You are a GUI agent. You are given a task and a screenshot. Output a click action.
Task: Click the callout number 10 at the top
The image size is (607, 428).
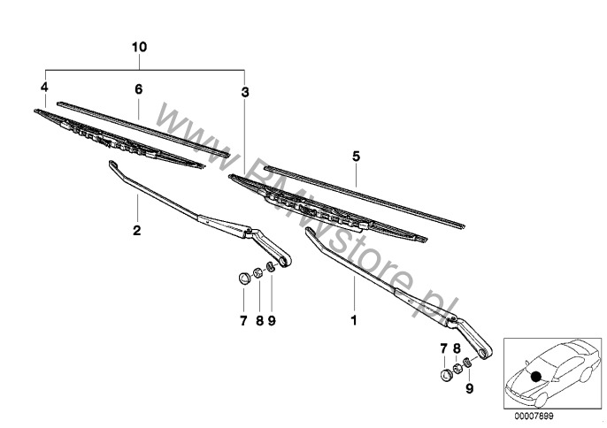pos(140,47)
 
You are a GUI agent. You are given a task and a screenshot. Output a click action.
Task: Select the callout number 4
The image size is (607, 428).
pos(44,87)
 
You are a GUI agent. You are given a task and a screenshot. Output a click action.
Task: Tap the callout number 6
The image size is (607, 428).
pos(139,89)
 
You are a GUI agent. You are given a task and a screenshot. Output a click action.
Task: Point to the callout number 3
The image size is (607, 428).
pos(244,93)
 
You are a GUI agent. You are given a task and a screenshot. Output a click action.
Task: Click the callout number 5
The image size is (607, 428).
pos(356,157)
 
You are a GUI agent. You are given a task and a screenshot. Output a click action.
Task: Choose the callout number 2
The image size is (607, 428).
pos(136,231)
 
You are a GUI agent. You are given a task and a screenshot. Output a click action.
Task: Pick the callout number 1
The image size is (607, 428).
pos(353,320)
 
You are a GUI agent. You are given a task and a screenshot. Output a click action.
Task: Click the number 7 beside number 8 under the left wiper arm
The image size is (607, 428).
pos(243,321)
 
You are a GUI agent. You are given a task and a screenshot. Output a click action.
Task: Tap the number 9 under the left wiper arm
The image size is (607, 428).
pos(272,321)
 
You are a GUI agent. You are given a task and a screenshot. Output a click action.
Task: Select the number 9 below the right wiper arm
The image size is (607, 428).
pos(469,388)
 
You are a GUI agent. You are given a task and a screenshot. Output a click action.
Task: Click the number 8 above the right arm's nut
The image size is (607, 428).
pos(457,348)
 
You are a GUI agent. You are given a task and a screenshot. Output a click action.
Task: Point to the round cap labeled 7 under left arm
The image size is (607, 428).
pos(243,279)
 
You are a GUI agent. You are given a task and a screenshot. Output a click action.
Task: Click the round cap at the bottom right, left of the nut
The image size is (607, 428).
pos(446,375)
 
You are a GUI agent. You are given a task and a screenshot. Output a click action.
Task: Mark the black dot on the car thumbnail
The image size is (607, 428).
pos(536,377)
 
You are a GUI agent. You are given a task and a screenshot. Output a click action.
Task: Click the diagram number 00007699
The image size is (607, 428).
pos(534,417)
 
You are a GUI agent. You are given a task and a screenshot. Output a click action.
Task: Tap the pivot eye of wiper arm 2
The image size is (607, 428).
pos(286,261)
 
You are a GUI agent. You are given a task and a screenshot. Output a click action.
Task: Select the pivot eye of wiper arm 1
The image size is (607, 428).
pos(486,352)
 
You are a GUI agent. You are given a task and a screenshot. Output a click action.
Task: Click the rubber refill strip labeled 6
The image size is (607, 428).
pos(143,130)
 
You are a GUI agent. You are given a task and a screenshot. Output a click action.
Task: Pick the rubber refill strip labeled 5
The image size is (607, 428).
pos(365,197)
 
